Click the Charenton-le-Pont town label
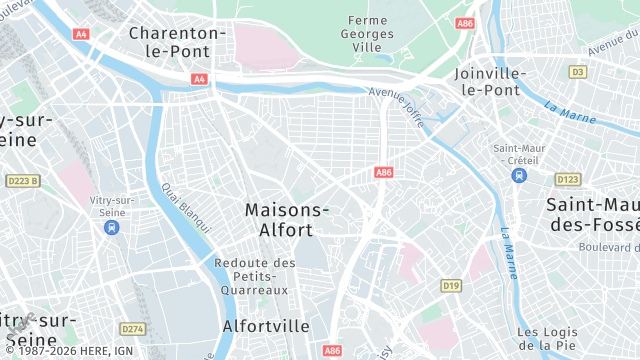click(178, 41)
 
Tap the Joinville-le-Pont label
click(489, 81)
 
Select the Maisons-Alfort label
click(287, 219)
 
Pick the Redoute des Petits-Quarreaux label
click(255, 276)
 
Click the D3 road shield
click(577, 72)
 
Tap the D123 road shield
click(568, 179)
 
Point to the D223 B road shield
click(22, 181)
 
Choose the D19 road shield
click(452, 286)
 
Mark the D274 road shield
click(132, 328)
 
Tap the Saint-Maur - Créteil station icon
click(518, 175)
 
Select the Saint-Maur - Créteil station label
click(517, 154)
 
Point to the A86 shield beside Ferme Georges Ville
click(464, 23)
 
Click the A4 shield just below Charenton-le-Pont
click(200, 78)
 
